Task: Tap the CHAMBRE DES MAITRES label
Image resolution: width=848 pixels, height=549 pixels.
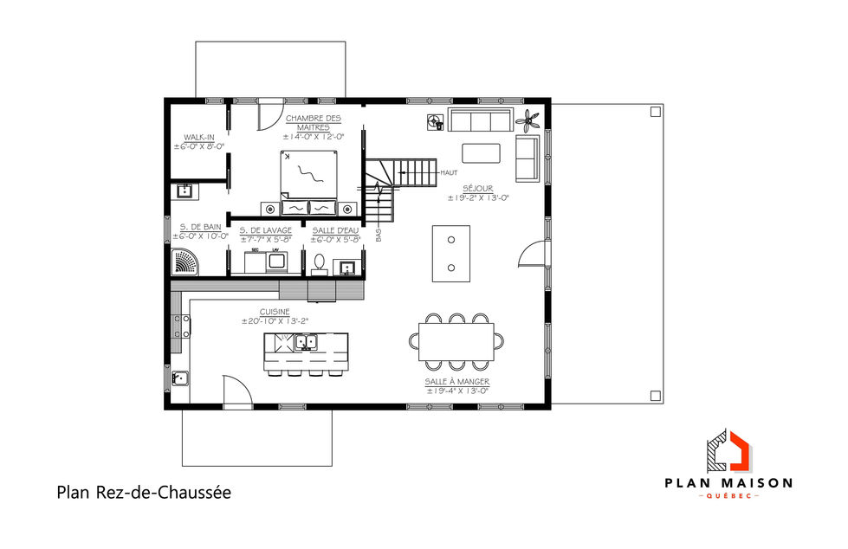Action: [x=313, y=122]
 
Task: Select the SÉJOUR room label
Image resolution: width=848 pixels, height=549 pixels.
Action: [x=477, y=188]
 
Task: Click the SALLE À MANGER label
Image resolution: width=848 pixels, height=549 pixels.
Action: [x=456, y=381]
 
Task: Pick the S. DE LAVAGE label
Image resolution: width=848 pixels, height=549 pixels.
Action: [x=265, y=229]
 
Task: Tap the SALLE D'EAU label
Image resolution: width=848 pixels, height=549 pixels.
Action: [x=332, y=229]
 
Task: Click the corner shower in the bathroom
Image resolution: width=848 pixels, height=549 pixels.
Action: [x=186, y=262]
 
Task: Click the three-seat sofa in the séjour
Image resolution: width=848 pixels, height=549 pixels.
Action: [x=479, y=120]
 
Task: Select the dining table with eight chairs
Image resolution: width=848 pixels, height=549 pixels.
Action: [x=456, y=341]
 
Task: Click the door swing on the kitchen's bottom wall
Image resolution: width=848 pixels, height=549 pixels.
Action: [x=237, y=391]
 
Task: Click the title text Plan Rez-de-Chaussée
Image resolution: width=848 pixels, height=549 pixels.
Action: [x=144, y=492]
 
